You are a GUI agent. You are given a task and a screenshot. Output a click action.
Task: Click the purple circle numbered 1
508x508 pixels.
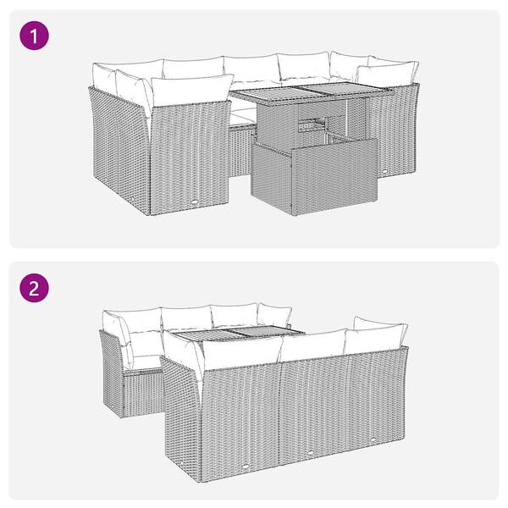click(x=35, y=36)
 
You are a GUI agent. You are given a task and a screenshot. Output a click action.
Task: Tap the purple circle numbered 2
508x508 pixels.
click(x=35, y=288)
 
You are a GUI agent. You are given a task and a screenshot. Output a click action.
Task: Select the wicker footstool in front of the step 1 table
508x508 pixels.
click(x=314, y=176)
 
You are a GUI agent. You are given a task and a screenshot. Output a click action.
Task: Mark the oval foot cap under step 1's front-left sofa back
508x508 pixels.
click(x=195, y=202)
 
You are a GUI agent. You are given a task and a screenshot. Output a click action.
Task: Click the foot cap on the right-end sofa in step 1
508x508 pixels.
click(x=384, y=171)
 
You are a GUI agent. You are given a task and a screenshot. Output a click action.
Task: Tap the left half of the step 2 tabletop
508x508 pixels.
click(x=204, y=335)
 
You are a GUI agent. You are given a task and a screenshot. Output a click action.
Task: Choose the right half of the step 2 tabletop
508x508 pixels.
click(x=268, y=332)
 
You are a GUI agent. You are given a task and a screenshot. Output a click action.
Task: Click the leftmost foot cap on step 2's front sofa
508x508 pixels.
click(x=246, y=467)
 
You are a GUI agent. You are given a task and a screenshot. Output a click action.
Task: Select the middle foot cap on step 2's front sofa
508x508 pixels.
click(x=311, y=452)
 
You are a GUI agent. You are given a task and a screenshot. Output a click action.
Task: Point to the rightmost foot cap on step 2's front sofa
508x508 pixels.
click(x=373, y=439)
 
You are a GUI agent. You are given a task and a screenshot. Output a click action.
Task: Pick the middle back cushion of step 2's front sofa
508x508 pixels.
click(x=313, y=345)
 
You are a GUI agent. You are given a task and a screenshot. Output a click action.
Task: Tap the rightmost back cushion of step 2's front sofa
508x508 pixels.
click(x=376, y=339)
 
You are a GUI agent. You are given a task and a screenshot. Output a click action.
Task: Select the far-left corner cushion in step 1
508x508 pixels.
click(x=104, y=77)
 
